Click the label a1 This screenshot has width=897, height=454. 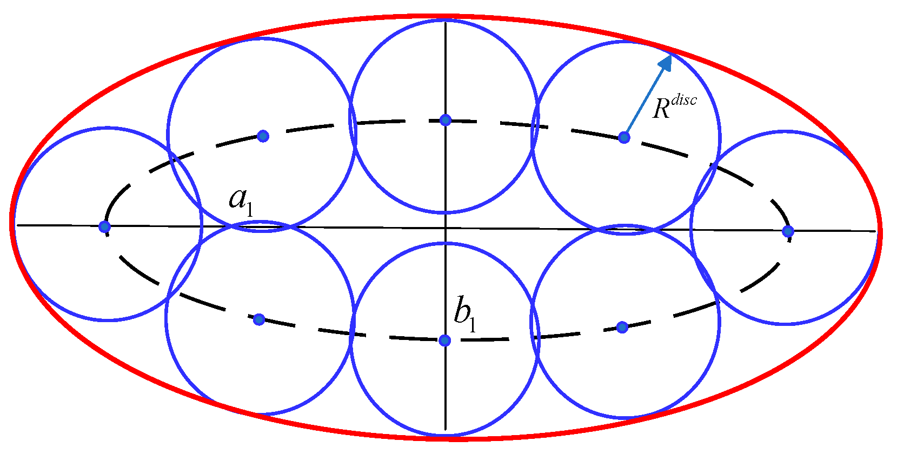[x=241, y=201]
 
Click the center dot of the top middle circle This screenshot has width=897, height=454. [x=445, y=120]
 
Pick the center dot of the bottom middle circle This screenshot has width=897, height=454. [x=444, y=340]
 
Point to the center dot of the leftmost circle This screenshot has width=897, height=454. [x=105, y=226]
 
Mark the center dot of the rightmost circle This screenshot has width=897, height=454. [x=788, y=231]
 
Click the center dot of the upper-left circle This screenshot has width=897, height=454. [x=263, y=136]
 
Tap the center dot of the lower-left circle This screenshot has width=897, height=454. [x=259, y=319]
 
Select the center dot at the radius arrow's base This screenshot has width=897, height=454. [x=624, y=137]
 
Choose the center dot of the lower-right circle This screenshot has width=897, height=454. [x=622, y=327]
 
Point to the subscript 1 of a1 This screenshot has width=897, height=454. [x=249, y=209]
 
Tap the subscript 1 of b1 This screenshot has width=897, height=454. [x=473, y=324]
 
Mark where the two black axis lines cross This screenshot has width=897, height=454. [x=445, y=228]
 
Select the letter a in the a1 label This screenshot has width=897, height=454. [x=237, y=199]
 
